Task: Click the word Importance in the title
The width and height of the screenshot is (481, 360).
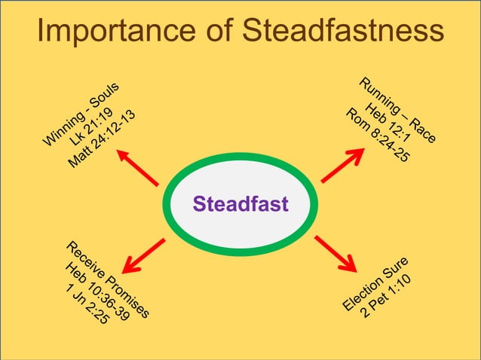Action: tap(114, 31)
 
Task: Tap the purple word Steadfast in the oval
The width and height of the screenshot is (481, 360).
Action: tap(240, 204)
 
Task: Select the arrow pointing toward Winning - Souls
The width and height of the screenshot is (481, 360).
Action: tap(137, 166)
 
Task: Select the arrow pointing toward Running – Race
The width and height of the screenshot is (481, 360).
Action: tap(343, 165)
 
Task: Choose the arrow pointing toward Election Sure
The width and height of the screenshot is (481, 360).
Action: tap(335, 253)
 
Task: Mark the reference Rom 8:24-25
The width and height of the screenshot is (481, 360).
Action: tap(377, 136)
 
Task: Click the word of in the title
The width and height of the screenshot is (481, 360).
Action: tap(219, 31)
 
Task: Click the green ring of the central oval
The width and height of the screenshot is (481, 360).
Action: tap(240, 157)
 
